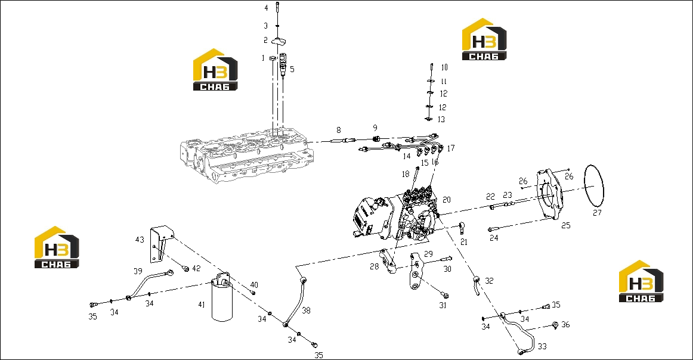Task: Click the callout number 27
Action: click(x=597, y=213)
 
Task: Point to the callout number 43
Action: click(x=140, y=240)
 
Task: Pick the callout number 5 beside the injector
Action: click(x=292, y=69)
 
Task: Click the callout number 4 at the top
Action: click(x=266, y=8)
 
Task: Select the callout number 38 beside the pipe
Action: click(x=307, y=311)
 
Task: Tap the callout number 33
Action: click(x=542, y=346)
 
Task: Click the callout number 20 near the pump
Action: click(x=446, y=200)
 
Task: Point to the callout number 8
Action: click(x=339, y=130)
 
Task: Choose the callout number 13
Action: click(x=441, y=119)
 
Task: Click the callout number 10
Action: click(x=444, y=67)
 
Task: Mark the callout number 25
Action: click(x=566, y=225)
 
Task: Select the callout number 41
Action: click(x=202, y=305)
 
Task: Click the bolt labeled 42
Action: click(x=185, y=269)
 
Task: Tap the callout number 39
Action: click(x=138, y=271)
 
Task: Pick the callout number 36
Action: click(x=565, y=325)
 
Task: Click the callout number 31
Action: click(x=443, y=305)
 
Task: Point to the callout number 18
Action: click(x=406, y=174)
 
